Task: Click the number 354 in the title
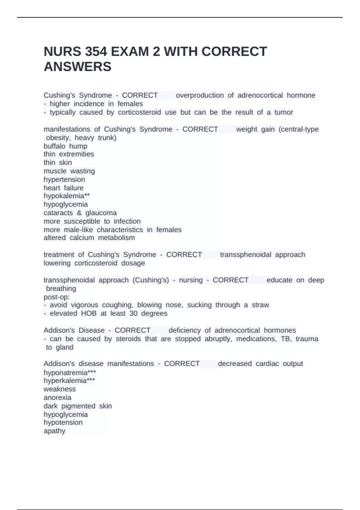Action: (96, 52)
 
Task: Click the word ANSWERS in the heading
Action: (77, 67)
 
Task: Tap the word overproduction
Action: (199, 95)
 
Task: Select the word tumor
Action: (283, 112)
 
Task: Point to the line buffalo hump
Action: (65, 146)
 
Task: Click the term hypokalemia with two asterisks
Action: (67, 196)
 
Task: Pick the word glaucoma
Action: (101, 213)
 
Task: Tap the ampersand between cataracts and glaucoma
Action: (79, 213)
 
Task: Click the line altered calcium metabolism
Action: (89, 238)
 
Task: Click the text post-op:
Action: (57, 297)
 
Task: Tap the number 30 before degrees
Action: (133, 313)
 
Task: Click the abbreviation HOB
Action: (89, 313)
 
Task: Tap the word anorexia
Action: (57, 397)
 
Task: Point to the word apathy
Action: (54, 431)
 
